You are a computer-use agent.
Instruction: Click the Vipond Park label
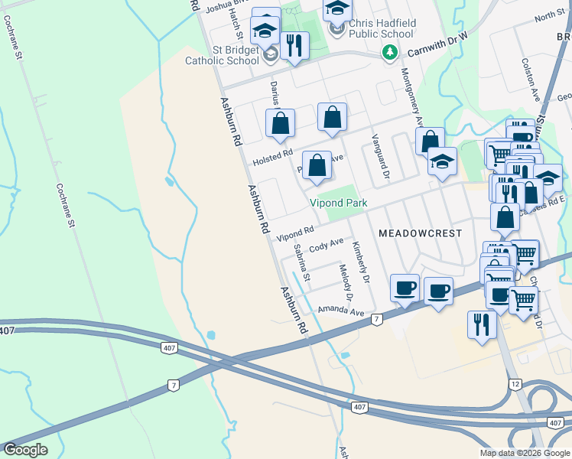[338, 203]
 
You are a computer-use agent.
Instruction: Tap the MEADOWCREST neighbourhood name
[420, 232]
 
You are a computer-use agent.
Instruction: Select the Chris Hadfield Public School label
[382, 28]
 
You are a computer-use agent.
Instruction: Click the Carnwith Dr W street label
[435, 51]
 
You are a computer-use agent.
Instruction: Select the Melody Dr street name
[346, 282]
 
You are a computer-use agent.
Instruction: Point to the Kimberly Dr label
[360, 263]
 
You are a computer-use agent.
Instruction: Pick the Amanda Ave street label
[341, 311]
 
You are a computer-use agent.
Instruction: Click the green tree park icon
[390, 52]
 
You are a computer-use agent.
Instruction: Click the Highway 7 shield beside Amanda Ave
[376, 318]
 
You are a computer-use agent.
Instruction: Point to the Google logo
[25, 450]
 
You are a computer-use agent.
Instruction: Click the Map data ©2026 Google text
[524, 453]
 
